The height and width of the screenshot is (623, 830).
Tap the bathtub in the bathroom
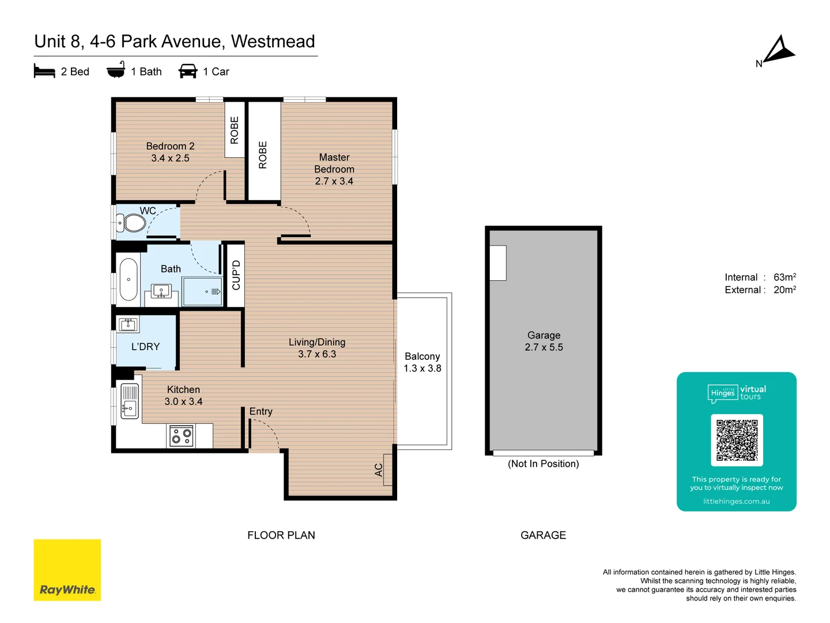(129, 280)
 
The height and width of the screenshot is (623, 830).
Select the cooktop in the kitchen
(182, 436)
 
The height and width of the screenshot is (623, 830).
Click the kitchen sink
(130, 401)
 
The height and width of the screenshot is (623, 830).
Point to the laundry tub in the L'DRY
(128, 324)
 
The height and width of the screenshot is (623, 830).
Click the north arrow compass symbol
(778, 51)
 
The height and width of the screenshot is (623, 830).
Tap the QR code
(737, 440)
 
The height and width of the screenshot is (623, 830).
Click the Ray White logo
(67, 570)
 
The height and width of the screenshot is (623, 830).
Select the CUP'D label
(236, 275)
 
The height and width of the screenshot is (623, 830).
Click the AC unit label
(379, 470)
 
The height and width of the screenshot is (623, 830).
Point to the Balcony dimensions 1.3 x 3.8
(422, 369)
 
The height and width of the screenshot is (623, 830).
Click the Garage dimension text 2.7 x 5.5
(544, 347)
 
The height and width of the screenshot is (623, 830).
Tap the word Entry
(261, 411)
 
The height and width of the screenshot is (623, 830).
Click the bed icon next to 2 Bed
(44, 72)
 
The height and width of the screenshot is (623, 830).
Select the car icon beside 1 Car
(188, 72)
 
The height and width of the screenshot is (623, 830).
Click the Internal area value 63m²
(784, 277)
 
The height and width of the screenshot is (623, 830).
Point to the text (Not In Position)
(543, 464)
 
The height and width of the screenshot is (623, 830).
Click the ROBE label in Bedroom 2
(235, 130)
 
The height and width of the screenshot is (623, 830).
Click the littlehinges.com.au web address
(736, 501)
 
